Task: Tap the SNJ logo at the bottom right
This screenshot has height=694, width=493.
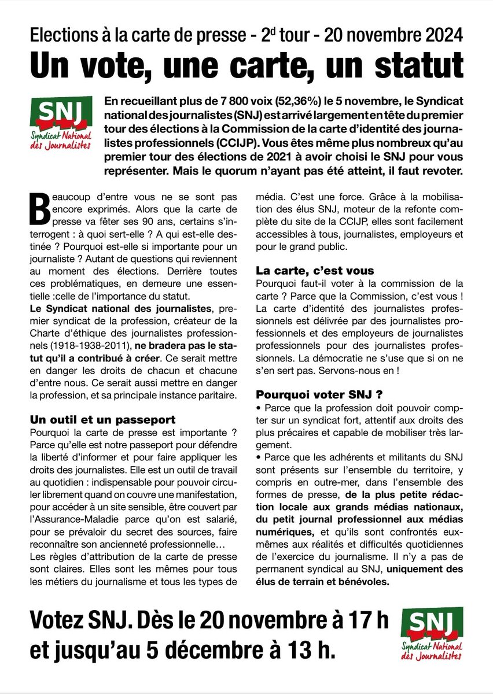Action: (435, 634)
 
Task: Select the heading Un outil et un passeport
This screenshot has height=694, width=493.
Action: (102, 419)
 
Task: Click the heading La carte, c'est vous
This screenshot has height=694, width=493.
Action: (315, 271)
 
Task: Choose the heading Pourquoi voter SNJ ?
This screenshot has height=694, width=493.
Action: (319, 396)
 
